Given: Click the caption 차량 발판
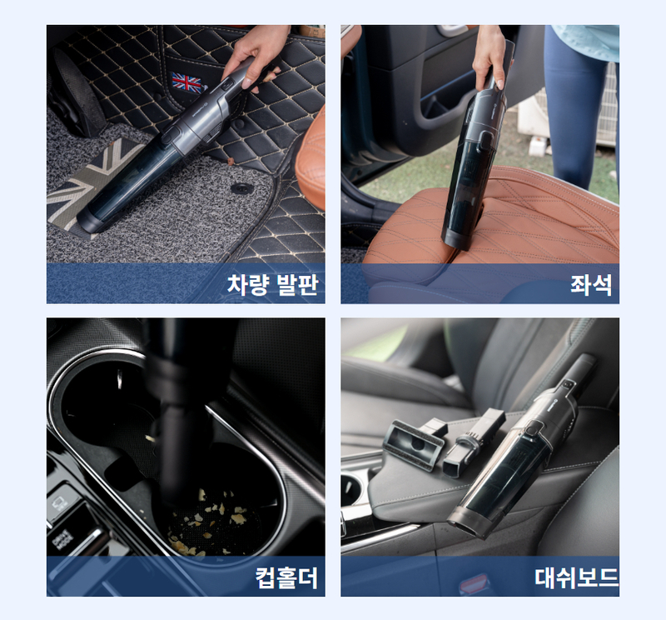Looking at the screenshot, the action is (272, 284).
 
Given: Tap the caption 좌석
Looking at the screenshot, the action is (592, 284).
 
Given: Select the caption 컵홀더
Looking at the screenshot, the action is (286, 577).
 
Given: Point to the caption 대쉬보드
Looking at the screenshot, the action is (576, 577).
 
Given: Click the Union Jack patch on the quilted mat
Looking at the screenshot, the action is (186, 83).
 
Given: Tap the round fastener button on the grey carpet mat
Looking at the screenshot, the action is (241, 188).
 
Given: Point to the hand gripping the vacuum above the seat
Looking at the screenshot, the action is (490, 59).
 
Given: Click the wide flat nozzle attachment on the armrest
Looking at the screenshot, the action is (413, 444).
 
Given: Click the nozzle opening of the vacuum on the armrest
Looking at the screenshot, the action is (465, 526).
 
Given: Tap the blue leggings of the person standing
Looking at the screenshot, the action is (579, 107).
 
